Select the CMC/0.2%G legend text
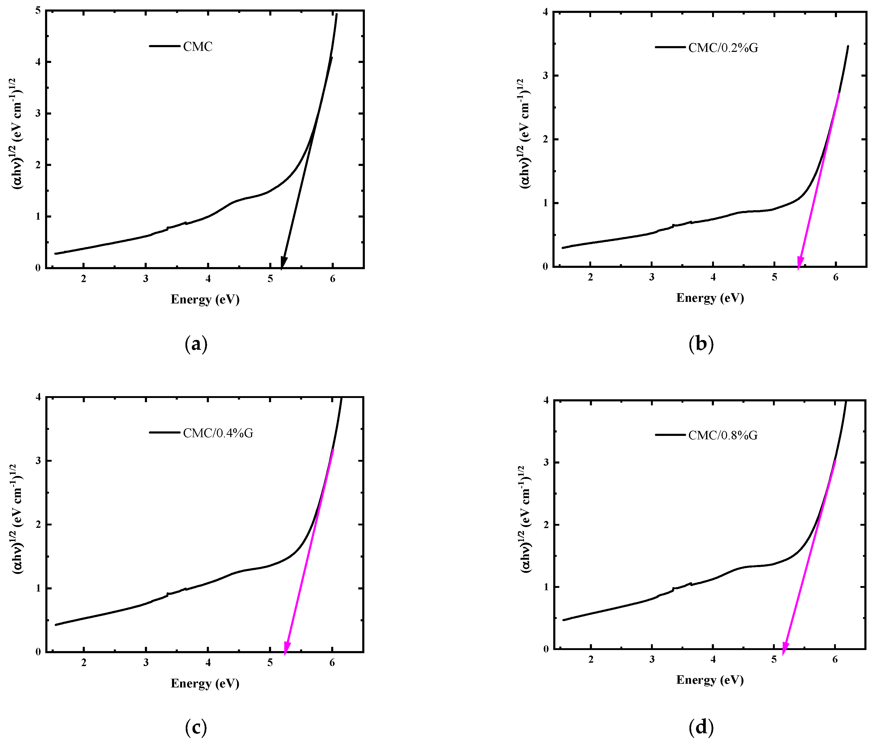723,48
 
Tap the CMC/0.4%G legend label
218,433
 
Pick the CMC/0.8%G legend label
723,435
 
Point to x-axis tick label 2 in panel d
591,660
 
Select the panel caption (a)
196,344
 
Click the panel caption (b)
701,344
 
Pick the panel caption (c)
196,727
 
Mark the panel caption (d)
701,727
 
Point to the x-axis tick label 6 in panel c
332,663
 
